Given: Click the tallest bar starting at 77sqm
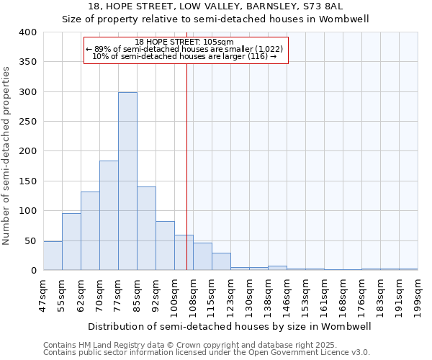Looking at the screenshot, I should point(127,181).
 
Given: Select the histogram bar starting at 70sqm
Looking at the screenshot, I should point(109,215).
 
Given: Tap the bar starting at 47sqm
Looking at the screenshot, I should point(53,256).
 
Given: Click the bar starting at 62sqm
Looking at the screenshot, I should point(90,230).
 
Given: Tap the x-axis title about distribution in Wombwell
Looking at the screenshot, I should point(230,326).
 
